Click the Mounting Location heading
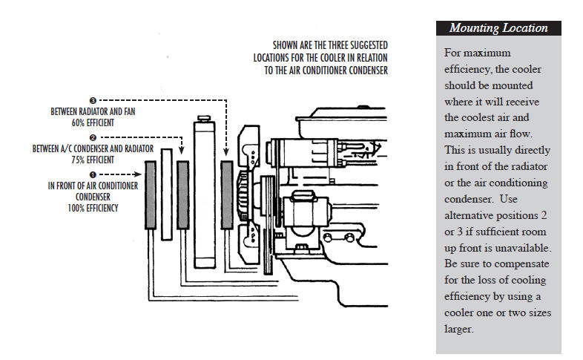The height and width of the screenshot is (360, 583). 498,29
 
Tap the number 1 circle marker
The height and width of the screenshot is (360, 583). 91,174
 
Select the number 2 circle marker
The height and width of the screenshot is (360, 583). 93,137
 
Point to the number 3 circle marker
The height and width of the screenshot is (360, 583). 93,99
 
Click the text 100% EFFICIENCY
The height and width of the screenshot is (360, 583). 93,209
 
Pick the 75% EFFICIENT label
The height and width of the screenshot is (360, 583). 93,160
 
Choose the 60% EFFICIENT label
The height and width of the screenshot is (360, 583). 93,122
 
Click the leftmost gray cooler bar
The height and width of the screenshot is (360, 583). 151,194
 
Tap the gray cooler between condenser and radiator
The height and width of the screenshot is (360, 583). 182,194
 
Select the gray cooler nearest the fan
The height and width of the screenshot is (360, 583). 227,194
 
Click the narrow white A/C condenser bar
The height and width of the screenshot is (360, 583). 167,193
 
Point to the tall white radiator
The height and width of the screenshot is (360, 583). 203,193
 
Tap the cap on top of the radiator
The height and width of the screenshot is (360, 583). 203,117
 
